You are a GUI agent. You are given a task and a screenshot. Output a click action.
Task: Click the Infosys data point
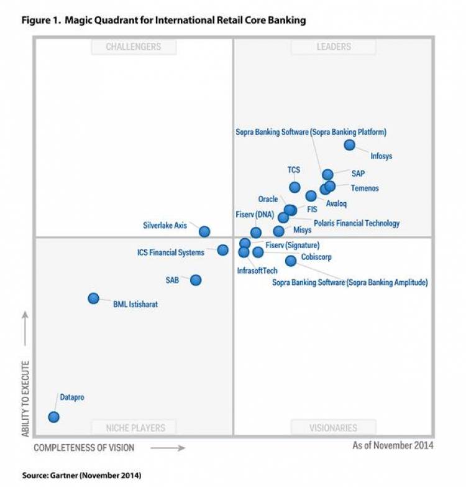[x=349, y=145]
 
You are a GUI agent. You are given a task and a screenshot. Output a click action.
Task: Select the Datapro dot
[x=54, y=417]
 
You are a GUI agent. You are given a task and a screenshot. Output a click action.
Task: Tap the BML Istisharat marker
[x=93, y=299]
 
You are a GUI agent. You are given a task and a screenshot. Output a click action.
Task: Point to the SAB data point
[x=196, y=280]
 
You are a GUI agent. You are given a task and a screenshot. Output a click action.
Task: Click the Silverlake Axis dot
[x=204, y=231]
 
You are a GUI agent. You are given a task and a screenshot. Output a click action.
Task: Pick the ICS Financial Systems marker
[x=222, y=250]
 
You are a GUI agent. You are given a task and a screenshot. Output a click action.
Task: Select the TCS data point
[x=295, y=187]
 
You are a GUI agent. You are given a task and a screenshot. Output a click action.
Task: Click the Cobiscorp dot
[x=291, y=261]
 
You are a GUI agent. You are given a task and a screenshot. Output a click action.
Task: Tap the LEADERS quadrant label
[x=333, y=47]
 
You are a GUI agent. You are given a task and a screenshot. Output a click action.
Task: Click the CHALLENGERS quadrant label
[x=133, y=47]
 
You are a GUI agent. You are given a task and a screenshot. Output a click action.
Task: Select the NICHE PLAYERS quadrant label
[x=134, y=428]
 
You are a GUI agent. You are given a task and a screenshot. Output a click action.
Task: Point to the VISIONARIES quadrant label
[x=333, y=428]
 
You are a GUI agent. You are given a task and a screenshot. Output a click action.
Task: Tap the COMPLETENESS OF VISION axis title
[x=84, y=447]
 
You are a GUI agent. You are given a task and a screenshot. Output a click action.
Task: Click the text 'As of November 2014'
[x=393, y=445]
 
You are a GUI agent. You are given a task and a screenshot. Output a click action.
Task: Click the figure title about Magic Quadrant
[x=164, y=21]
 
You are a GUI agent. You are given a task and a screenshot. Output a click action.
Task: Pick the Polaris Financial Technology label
[x=357, y=223]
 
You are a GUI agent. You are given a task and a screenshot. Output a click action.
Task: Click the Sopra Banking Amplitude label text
[x=350, y=282]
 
